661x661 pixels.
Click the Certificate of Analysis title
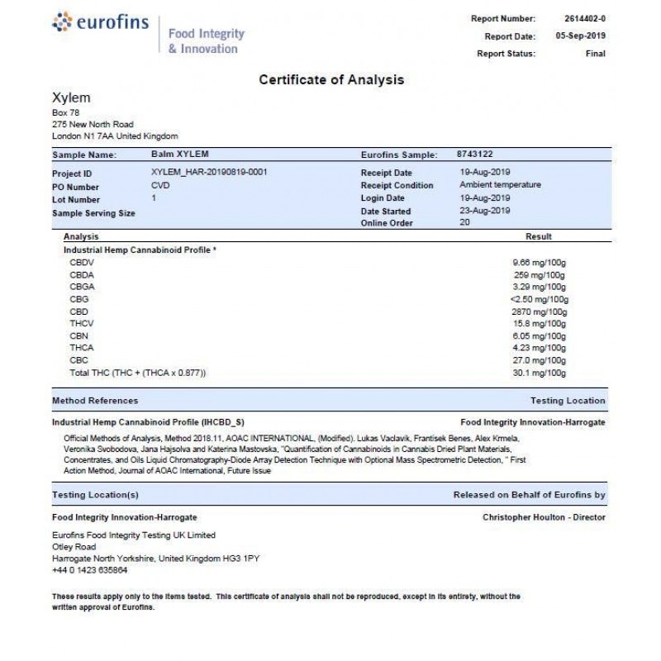pyautogui.click(x=331, y=80)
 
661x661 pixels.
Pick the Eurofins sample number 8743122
pyautogui.click(x=475, y=154)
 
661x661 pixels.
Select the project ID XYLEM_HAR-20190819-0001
pyautogui.click(x=210, y=172)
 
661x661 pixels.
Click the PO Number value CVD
pyautogui.click(x=160, y=186)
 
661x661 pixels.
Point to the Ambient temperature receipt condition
pyautogui.click(x=500, y=185)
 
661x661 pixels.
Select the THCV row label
pyautogui.click(x=82, y=326)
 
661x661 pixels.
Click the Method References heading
pyautogui.click(x=95, y=401)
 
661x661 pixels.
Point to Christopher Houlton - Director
pyautogui.click(x=544, y=517)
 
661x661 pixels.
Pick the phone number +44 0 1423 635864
pyautogui.click(x=89, y=570)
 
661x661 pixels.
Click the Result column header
pyautogui.click(x=539, y=236)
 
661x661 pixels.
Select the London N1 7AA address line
pyautogui.click(x=114, y=136)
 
